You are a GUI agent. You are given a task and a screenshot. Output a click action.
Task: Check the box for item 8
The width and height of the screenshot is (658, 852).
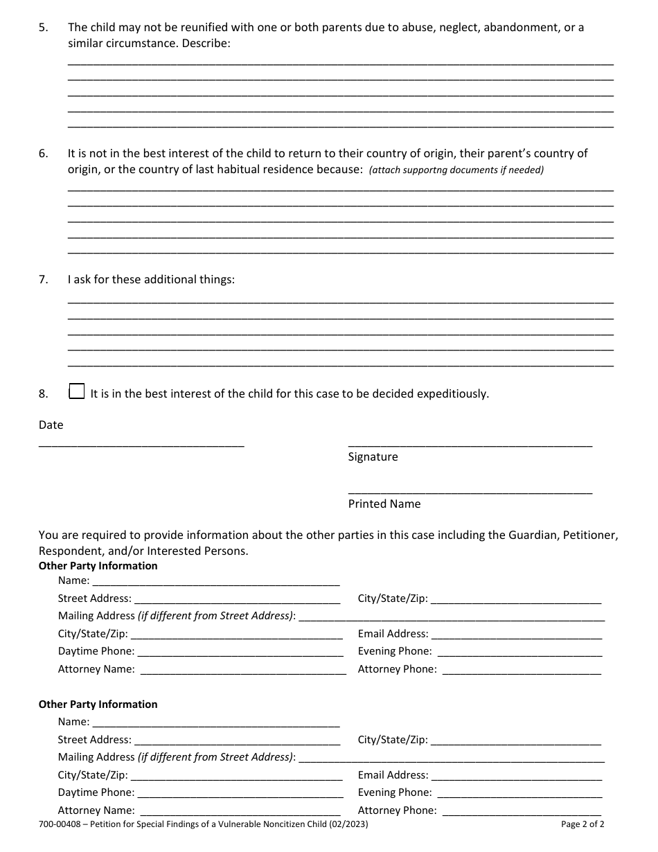[x=77, y=392]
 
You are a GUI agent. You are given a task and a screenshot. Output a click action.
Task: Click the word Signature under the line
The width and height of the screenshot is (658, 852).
[x=373, y=457]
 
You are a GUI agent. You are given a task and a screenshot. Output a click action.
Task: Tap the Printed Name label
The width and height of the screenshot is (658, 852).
[x=384, y=504]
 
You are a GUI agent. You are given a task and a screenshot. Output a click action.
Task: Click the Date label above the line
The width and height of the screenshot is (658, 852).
[x=51, y=425]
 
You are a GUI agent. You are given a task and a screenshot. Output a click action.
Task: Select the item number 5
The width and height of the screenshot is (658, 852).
[x=44, y=28]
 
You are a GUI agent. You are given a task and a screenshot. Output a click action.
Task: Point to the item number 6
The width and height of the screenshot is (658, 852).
[x=44, y=154]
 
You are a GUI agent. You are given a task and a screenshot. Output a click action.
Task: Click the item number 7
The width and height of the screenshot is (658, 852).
[x=44, y=281]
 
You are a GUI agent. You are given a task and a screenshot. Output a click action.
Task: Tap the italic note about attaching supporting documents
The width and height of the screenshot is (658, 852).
[x=456, y=170]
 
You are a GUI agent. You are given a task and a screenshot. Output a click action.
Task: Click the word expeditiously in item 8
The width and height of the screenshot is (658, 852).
[x=451, y=394]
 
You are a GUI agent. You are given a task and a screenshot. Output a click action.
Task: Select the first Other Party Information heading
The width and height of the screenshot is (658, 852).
[x=98, y=566]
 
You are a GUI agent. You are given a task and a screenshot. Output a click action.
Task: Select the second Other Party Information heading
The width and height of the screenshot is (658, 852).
[x=98, y=704]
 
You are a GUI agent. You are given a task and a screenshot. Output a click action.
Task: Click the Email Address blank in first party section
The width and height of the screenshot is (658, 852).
[x=516, y=634]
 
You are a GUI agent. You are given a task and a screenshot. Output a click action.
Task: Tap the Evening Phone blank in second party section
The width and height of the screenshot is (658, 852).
[x=519, y=793]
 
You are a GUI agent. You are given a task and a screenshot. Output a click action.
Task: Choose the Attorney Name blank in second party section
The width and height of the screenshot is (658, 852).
[x=240, y=811]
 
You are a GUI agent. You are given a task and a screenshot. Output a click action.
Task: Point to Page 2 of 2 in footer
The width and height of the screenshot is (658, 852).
[x=583, y=825]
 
